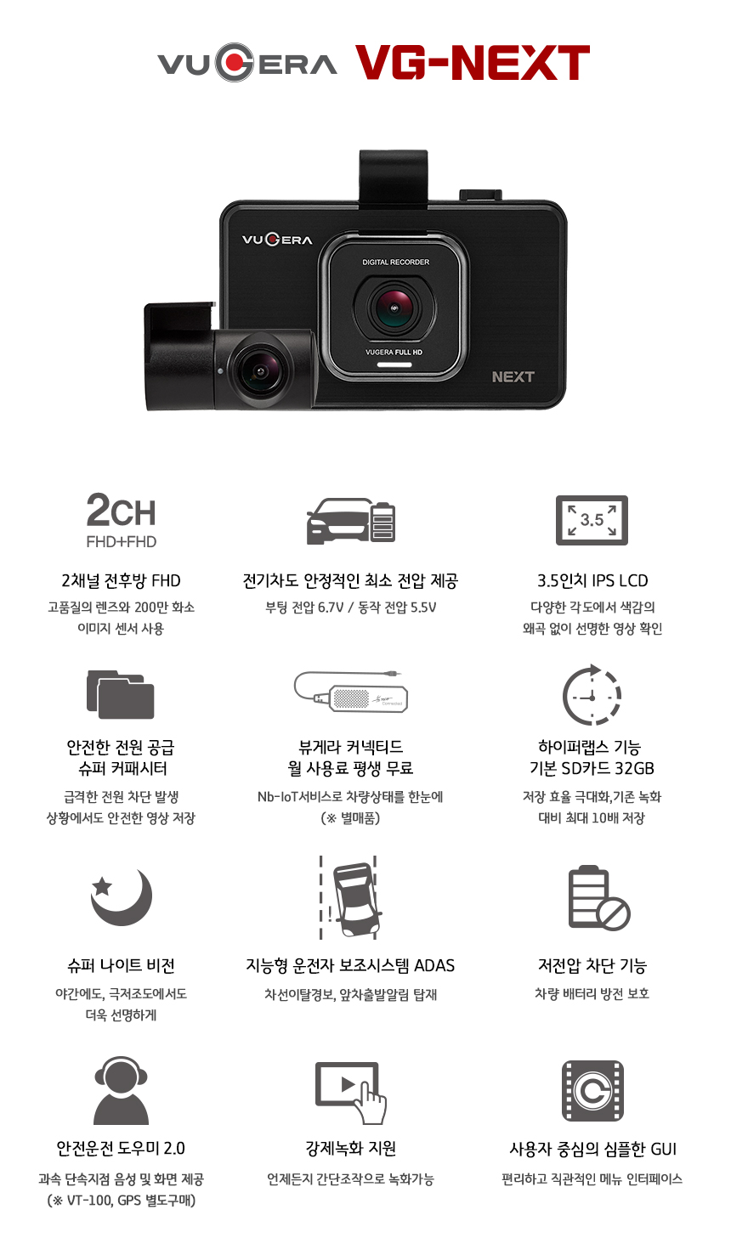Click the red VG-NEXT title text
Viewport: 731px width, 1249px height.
tap(473, 63)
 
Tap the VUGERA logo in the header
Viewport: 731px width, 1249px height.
tap(247, 63)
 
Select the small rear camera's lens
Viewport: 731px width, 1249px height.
tap(259, 370)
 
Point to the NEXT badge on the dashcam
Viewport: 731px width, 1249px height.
tap(513, 377)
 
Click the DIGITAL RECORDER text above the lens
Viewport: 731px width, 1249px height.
tap(395, 262)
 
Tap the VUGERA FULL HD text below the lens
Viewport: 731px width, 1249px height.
tap(394, 353)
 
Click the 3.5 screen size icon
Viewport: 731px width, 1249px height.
tap(592, 520)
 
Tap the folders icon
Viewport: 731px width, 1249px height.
tap(120, 694)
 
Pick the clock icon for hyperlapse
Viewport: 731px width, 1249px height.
tap(592, 694)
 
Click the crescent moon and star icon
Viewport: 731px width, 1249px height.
tap(121, 897)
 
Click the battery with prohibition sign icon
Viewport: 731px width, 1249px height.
tap(598, 897)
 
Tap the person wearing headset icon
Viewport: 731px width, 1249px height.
tap(121, 1090)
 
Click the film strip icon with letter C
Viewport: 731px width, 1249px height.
tap(592, 1091)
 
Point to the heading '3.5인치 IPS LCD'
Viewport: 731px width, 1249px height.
tap(592, 581)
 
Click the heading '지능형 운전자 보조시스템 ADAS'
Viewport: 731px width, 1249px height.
tap(350, 965)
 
